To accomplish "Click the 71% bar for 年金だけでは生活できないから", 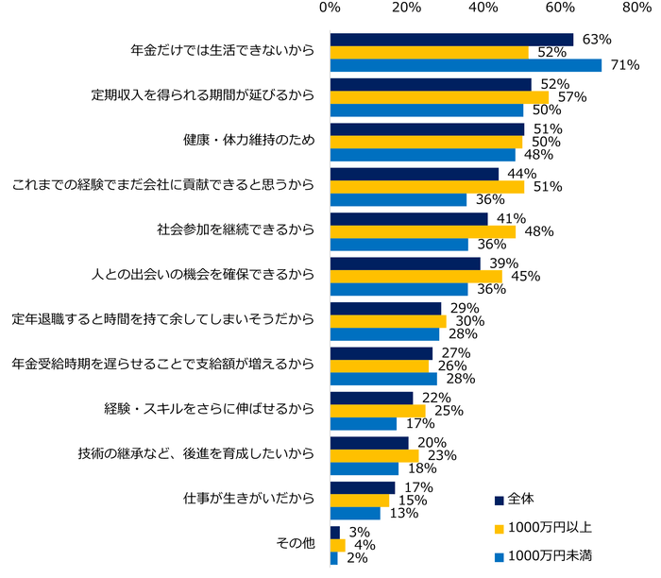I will [x=466, y=65].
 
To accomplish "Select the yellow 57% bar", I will [x=439, y=97].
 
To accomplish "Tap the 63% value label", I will [x=596, y=40].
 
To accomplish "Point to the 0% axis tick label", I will [x=330, y=8].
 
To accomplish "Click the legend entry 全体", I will [x=521, y=500].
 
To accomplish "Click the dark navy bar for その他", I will [x=334, y=533].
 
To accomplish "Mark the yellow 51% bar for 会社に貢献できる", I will [x=427, y=187].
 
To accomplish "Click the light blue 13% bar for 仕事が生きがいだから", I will [x=355, y=514].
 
